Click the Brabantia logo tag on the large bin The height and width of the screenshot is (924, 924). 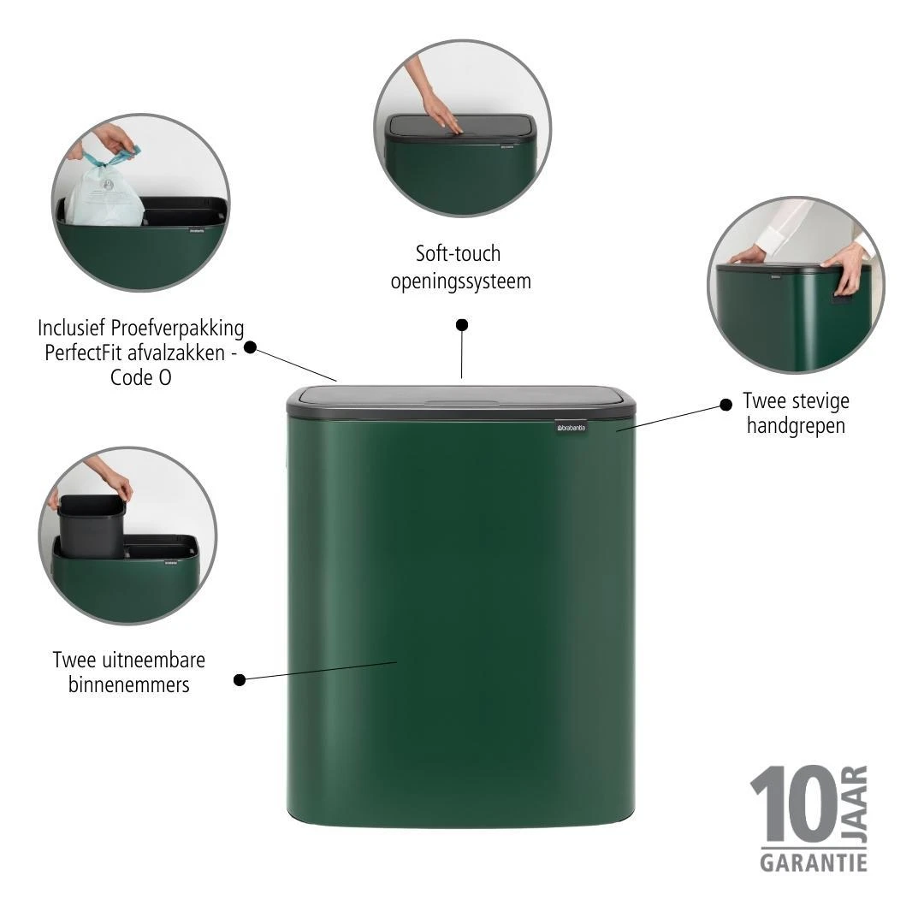click(x=572, y=426)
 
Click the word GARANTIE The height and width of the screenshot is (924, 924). click(x=813, y=862)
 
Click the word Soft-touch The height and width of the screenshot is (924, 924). click(x=458, y=254)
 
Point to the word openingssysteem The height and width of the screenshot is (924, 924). click(x=460, y=281)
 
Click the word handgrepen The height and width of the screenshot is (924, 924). click(x=796, y=426)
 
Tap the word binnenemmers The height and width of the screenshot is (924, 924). click(x=128, y=685)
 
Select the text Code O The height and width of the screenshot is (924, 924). click(x=140, y=377)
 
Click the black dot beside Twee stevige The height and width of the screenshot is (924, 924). click(x=726, y=404)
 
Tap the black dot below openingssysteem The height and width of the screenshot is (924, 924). click(x=462, y=325)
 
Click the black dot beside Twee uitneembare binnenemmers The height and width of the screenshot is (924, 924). click(x=240, y=680)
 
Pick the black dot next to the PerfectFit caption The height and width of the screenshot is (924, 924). click(x=250, y=347)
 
